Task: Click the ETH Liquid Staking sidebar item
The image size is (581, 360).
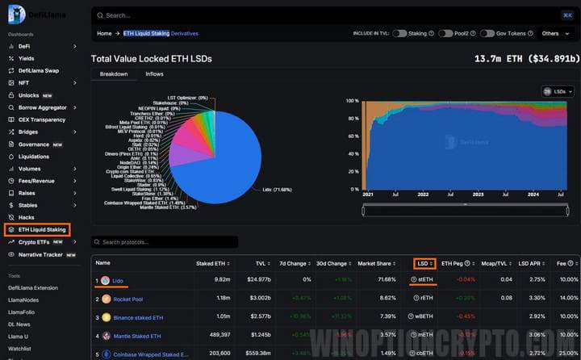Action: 41,230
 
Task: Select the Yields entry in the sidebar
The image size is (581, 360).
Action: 27,58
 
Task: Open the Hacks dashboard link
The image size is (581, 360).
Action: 27,217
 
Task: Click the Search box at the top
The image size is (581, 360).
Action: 323,15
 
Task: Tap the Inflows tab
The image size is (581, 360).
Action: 154,74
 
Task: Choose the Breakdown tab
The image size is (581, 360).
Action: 114,74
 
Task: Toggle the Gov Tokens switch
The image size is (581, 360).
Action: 487,34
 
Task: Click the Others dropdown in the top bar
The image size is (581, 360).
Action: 554,34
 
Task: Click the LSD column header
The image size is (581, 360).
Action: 423,263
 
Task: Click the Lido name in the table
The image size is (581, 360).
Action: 117,280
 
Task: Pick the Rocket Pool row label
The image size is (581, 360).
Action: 129,299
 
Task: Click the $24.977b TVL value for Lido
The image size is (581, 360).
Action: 257,280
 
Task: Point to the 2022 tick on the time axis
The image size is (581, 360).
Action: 423,195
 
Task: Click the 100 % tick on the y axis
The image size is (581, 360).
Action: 351,101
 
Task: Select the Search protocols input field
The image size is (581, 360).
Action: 165,242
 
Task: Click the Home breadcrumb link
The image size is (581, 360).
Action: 104,34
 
